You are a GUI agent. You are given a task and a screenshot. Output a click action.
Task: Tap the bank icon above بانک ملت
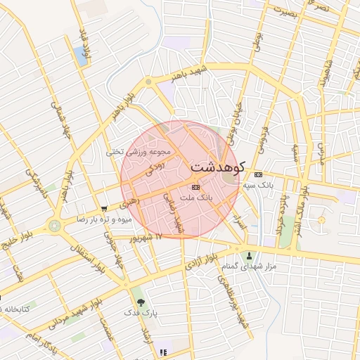(x=195, y=187)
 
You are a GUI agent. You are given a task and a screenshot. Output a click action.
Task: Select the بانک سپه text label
(x=257, y=185)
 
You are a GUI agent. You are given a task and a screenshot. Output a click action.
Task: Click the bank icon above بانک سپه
(x=258, y=174)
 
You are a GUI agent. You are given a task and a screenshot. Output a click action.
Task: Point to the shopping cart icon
(x=104, y=208)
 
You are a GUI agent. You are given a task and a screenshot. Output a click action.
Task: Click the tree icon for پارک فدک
(x=141, y=301)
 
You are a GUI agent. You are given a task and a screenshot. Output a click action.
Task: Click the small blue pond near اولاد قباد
(x=79, y=56)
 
